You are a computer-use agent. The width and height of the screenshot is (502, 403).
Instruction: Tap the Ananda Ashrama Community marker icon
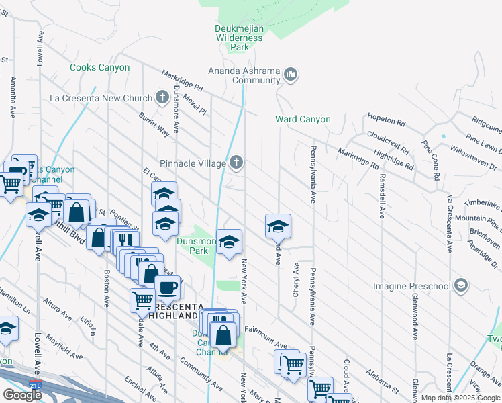291,73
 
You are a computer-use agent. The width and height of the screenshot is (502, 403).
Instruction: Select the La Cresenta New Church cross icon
162,97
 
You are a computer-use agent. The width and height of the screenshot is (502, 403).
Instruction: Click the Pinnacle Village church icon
236,162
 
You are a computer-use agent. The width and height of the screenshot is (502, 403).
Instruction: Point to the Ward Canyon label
303,120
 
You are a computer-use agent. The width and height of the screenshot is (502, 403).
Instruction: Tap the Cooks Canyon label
95,67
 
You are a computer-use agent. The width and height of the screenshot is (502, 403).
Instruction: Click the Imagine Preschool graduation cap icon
460,286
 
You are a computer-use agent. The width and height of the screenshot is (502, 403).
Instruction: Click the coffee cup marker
167,287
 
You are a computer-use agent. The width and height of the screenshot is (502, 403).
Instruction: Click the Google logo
22,395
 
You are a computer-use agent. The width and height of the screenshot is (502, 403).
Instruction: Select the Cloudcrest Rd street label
387,144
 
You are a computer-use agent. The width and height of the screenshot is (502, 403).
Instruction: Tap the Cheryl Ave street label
295,277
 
